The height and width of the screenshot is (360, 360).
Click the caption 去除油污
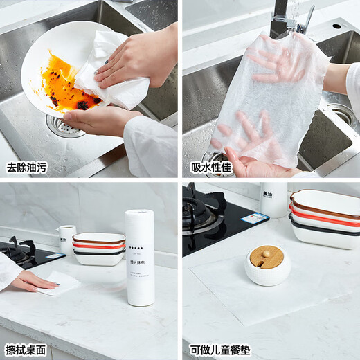28,167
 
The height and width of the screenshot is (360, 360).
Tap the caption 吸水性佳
210,167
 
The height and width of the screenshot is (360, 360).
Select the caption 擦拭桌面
28,350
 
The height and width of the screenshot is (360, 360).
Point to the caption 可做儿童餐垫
220,350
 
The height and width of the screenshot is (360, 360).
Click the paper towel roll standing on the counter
139,258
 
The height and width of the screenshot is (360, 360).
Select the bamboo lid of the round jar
267,256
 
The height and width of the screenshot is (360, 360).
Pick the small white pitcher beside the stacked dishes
66,239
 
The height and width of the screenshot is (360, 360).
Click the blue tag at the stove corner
254,217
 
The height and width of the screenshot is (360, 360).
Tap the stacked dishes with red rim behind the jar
325,218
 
